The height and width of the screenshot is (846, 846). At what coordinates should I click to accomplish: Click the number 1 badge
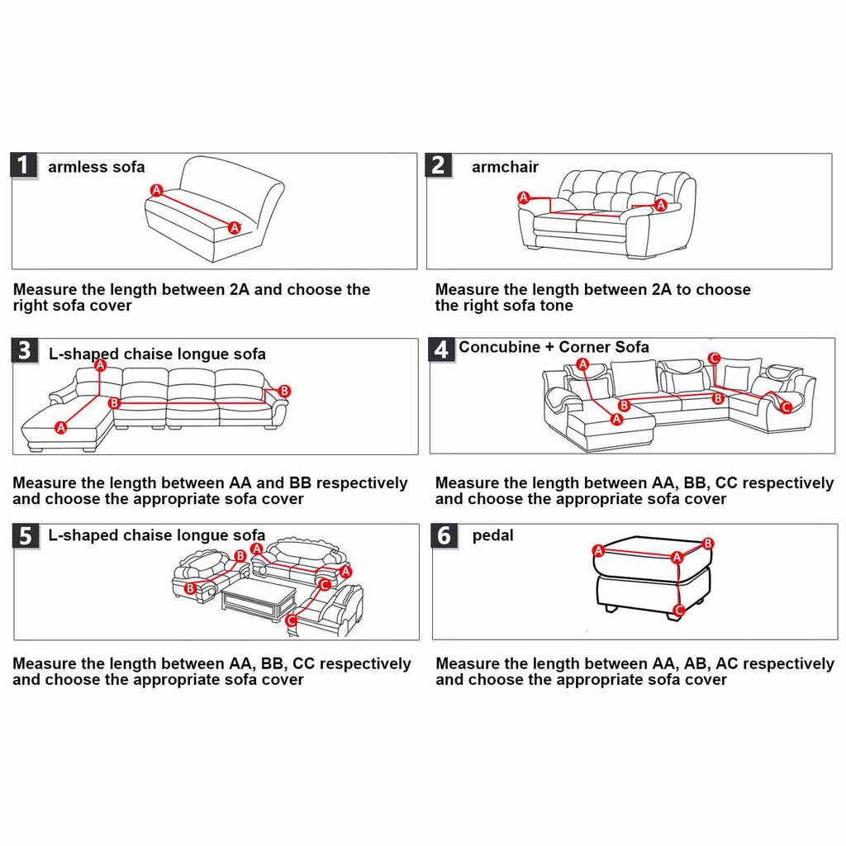[23, 165]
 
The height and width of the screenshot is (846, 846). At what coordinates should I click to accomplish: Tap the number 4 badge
[441, 349]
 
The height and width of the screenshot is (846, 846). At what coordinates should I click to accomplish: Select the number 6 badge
[444, 536]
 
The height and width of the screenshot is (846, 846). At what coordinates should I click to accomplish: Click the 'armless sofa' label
[96, 167]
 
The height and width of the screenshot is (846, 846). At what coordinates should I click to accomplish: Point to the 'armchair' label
[505, 167]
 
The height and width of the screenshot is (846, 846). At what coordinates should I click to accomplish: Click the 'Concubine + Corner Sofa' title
[554, 347]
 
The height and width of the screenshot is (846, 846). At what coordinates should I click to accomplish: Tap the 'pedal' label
[492, 535]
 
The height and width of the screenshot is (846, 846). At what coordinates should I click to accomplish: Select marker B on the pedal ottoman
[707, 544]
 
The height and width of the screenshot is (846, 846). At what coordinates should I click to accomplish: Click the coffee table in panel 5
[259, 596]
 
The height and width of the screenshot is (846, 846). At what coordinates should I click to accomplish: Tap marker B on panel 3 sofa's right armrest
[284, 391]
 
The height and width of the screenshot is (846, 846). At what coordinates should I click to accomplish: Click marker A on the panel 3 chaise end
[60, 427]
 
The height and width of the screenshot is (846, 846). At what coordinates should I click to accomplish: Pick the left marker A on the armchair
[523, 197]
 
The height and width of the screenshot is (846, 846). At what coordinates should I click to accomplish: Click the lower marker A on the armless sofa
[234, 227]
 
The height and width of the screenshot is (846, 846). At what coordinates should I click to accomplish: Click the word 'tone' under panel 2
[554, 306]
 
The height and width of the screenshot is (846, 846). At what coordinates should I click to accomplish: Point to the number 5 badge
[26, 536]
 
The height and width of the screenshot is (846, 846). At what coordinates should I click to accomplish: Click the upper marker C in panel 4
[714, 358]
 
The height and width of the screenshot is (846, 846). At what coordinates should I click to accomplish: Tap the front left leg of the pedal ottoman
[610, 608]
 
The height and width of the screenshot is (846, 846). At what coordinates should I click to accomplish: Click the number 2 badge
[438, 165]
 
